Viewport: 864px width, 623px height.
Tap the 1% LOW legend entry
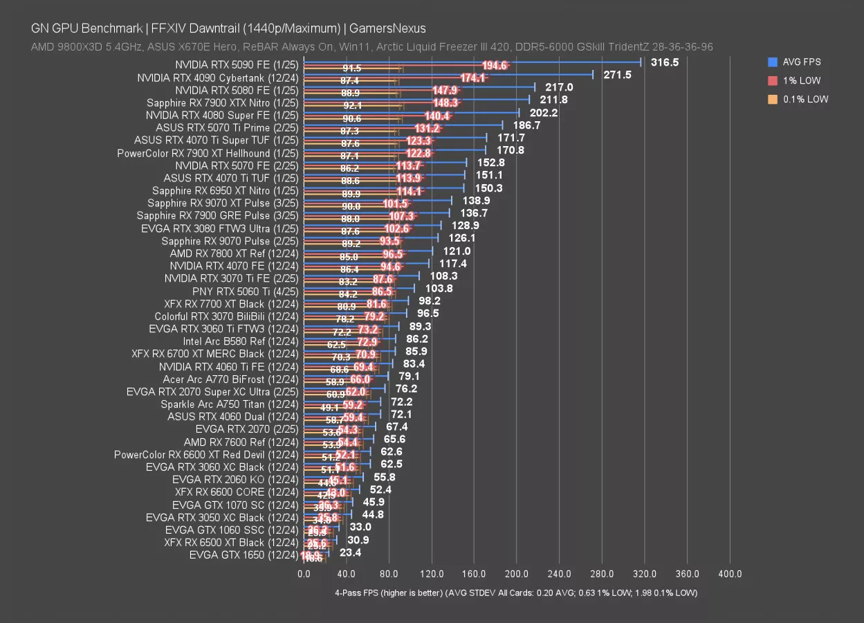coord(798,80)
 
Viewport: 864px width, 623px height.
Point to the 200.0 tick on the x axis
coord(517,574)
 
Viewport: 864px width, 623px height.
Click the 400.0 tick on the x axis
coord(730,574)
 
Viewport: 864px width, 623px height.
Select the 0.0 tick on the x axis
coord(304,574)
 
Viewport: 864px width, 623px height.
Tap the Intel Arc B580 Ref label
coord(241,341)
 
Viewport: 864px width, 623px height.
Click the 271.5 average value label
coord(617,75)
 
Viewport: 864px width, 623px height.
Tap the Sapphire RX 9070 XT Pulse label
coord(223,203)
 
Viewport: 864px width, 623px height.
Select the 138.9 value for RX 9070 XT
coord(477,200)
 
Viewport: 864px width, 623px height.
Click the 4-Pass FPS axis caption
coord(516,593)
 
